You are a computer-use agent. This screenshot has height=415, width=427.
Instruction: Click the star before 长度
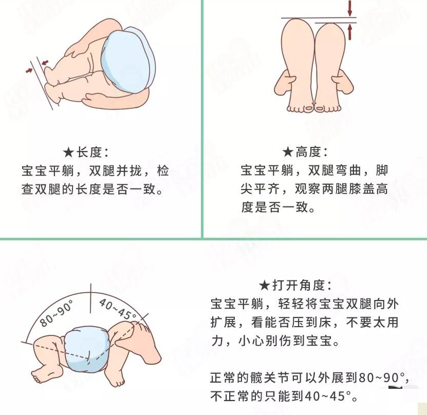pos(69,152)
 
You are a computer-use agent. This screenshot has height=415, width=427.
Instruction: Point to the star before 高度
pos(288,152)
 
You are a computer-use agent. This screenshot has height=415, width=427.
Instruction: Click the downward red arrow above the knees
pos(350,8)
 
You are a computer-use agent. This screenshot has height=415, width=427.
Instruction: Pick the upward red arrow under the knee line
pos(350,32)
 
